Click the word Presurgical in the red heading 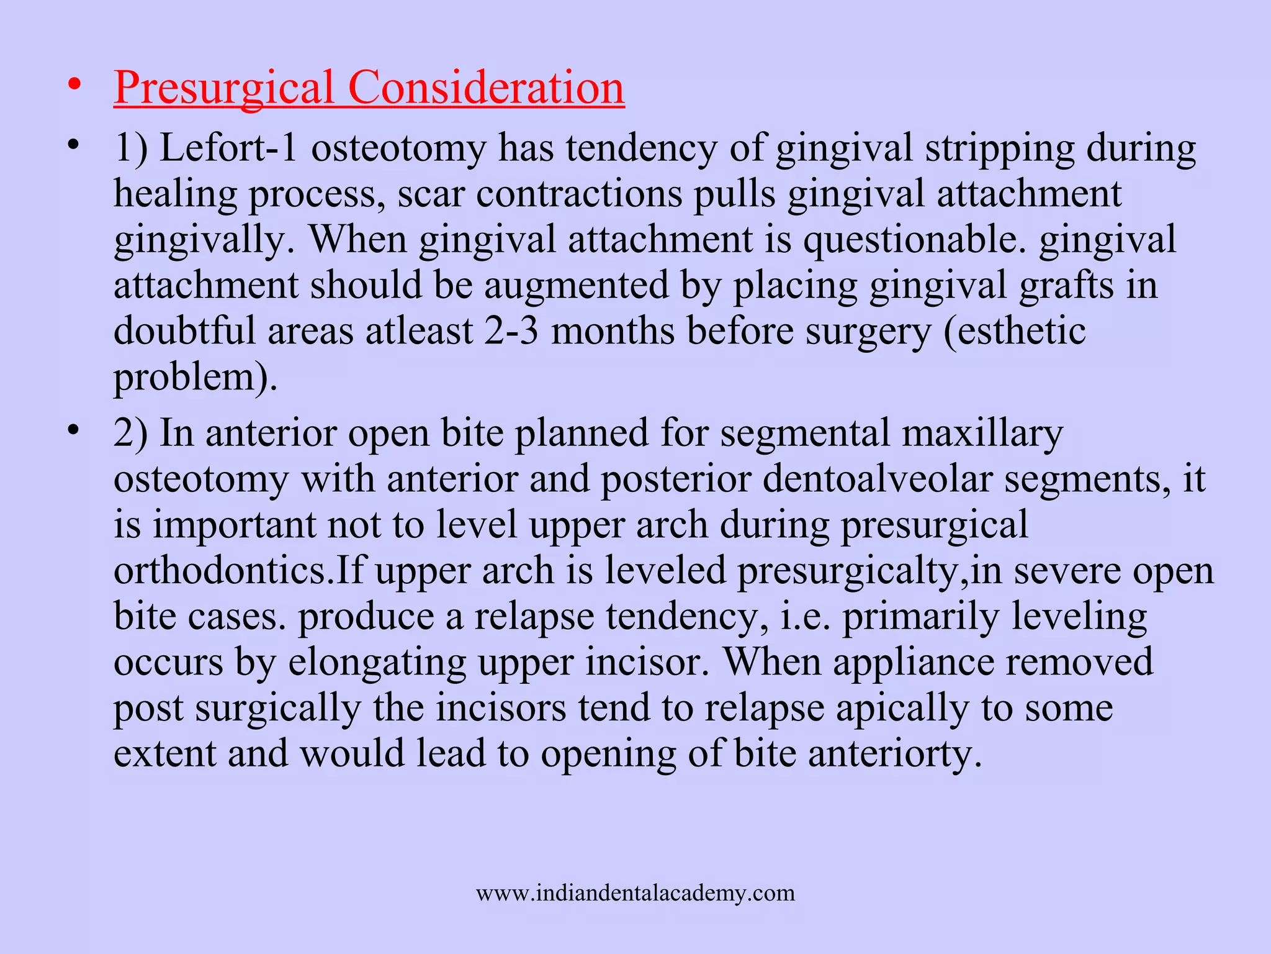click(224, 88)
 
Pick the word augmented click(576, 286)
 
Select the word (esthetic click(1015, 331)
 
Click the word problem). click(195, 377)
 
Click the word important click(234, 525)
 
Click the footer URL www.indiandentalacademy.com click(635, 893)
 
